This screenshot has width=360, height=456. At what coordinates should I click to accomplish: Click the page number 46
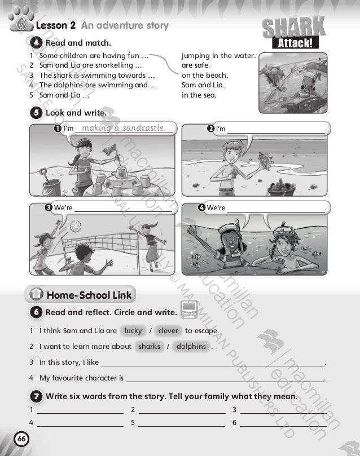(21, 440)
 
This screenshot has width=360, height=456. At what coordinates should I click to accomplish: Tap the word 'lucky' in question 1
(133, 331)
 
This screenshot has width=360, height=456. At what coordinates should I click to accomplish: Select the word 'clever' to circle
(168, 331)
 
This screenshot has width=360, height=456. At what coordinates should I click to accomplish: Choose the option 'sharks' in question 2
(149, 347)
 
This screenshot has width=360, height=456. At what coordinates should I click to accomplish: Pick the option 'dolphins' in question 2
(191, 347)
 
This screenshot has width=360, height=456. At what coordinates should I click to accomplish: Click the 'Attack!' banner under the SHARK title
(293, 43)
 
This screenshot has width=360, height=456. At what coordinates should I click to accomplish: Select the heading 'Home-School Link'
(89, 295)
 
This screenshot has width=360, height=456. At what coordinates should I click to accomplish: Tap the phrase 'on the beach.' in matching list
(205, 76)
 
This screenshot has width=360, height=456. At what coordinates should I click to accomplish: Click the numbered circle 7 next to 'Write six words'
(36, 396)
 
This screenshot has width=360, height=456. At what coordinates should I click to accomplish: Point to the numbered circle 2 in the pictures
(210, 129)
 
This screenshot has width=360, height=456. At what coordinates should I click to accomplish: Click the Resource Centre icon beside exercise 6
(187, 307)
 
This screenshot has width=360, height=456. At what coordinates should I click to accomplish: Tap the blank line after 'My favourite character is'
(225, 379)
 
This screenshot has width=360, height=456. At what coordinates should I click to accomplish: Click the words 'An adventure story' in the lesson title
(125, 25)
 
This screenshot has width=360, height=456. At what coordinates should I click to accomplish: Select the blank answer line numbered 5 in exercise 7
(182, 422)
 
